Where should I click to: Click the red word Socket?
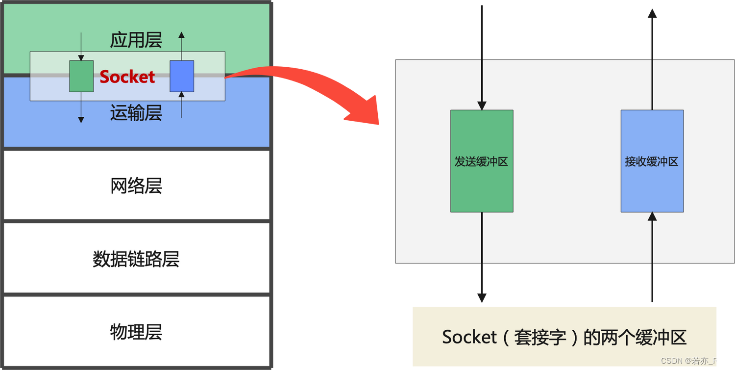pos(127,77)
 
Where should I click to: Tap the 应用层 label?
pos(136,40)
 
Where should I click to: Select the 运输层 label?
pos(136,113)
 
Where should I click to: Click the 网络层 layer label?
pos(136,186)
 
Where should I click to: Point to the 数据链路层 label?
pos(136,259)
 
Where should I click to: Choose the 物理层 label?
pos(136,332)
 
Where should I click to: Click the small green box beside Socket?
pos(81,76)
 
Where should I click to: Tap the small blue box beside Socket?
pos(182,76)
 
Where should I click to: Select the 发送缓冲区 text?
pos(481,161)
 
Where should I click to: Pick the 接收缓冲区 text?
pos(652,161)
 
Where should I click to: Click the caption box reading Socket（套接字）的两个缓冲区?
pos(564,337)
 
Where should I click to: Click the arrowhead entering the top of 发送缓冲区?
pos(482,105)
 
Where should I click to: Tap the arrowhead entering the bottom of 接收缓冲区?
pos(652,216)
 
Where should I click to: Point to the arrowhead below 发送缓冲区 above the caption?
pos(482,298)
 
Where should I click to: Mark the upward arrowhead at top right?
pos(652,13)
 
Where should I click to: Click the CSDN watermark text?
pos(693,361)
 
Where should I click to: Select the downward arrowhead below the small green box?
pos(81,119)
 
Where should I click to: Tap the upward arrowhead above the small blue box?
pos(182,35)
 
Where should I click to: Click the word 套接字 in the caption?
pos(539,337)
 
